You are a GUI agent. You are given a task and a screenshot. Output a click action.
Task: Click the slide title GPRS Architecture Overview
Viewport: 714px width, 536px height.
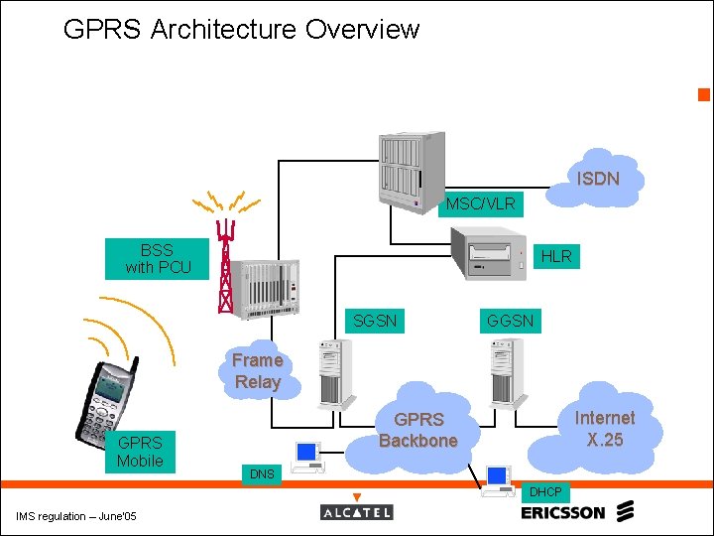pyautogui.click(x=241, y=30)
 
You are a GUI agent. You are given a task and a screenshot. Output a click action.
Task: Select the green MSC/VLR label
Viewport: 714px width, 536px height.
pyautogui.click(x=480, y=203)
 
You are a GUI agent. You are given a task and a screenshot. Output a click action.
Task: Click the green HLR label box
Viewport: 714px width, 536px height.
pyautogui.click(x=556, y=256)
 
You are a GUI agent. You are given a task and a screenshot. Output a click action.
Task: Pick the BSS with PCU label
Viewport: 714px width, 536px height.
pyautogui.click(x=158, y=259)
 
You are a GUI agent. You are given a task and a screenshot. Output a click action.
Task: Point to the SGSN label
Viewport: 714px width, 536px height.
pyautogui.click(x=375, y=321)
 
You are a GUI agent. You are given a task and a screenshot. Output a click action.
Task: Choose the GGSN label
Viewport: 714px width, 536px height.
pyautogui.click(x=510, y=321)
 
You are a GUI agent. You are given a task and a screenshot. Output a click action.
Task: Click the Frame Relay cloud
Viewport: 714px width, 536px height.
pyautogui.click(x=258, y=371)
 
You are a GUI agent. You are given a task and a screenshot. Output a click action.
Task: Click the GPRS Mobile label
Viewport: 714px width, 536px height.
pyautogui.click(x=140, y=451)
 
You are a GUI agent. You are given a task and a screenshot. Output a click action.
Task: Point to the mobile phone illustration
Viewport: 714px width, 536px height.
pyautogui.click(x=107, y=401)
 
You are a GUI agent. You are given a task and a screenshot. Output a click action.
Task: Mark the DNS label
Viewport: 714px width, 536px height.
pyautogui.click(x=262, y=474)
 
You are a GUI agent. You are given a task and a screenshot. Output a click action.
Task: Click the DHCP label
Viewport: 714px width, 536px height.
pyautogui.click(x=544, y=492)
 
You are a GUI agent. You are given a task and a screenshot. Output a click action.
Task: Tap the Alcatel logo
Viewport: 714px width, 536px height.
pyautogui.click(x=357, y=511)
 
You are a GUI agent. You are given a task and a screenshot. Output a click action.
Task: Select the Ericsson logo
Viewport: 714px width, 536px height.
pyautogui.click(x=576, y=512)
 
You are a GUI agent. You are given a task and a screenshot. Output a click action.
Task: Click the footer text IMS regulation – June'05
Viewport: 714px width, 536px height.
pyautogui.click(x=76, y=515)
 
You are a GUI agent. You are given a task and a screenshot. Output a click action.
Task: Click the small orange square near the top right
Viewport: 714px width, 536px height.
pyautogui.click(x=704, y=95)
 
